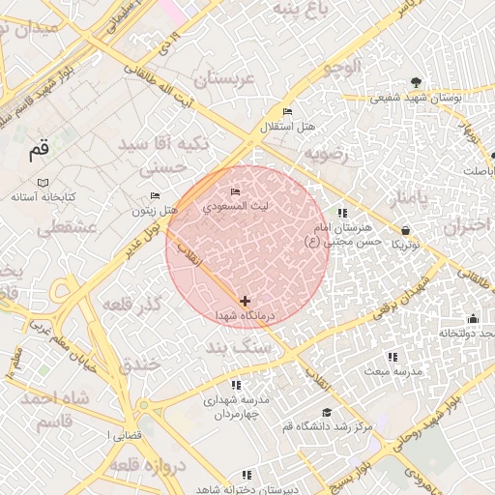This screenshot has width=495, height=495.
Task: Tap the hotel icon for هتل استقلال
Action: coord(286,111)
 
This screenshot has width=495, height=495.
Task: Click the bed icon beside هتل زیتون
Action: coord(155,196)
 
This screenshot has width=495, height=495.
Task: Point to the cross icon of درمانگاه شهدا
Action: coord(245,302)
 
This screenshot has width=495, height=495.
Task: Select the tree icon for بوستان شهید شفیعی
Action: coord(416,82)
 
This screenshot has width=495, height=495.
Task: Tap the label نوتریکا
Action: coord(405,245)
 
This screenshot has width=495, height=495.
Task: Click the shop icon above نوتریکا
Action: coord(404,230)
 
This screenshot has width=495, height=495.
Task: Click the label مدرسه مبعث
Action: coord(391,371)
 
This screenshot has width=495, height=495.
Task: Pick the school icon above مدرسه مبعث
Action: coord(392,357)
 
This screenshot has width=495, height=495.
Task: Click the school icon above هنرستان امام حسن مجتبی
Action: coord(341,213)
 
